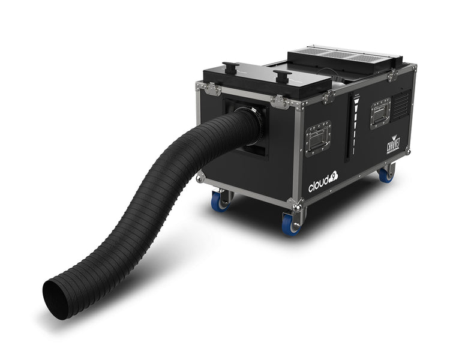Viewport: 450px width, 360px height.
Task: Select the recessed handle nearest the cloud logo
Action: (x=318, y=139)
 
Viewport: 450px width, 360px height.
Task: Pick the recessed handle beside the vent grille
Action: (x=380, y=113)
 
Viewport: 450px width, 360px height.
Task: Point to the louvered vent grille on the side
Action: (x=401, y=104)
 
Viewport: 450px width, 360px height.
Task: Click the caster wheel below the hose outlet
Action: (x=221, y=201)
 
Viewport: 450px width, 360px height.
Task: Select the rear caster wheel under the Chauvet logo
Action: (x=386, y=175)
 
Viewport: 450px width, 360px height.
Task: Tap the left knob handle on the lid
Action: (x=230, y=66)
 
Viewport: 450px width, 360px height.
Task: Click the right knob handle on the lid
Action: (x=282, y=76)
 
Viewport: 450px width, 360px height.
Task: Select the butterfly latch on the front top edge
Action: (x=280, y=102)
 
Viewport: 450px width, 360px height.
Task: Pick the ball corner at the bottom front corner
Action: (x=296, y=206)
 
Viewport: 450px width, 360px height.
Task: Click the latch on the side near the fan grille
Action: (x=393, y=75)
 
